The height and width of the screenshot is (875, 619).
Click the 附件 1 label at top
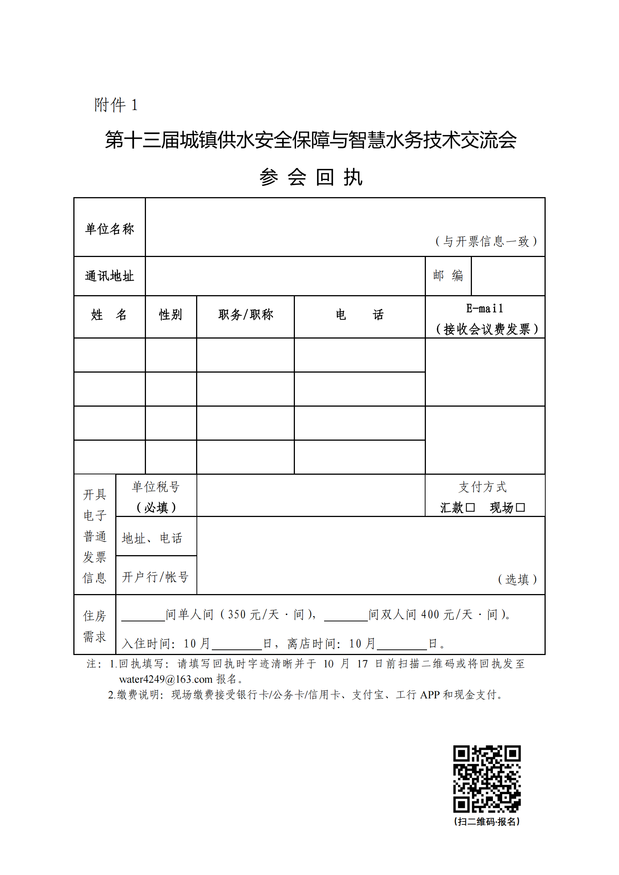(116, 105)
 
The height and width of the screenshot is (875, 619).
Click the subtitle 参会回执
(311, 177)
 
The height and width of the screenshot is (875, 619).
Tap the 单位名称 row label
(109, 229)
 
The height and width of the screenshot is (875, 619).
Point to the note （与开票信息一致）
(486, 241)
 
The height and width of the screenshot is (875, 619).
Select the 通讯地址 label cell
(109, 276)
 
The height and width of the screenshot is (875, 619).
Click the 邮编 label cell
(448, 276)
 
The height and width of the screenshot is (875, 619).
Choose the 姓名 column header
(109, 315)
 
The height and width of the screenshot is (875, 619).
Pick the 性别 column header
(170, 315)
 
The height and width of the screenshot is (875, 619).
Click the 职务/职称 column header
(246, 315)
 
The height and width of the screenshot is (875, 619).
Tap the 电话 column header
(359, 315)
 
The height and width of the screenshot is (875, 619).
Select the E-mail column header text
(484, 308)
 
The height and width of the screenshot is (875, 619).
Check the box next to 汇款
(470, 508)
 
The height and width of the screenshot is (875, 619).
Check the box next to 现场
(520, 508)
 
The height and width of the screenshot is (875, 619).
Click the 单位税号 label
(156, 487)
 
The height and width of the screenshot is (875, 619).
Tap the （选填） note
(517, 579)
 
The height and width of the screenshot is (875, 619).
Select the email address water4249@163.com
(166, 679)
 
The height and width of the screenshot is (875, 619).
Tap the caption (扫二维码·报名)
(487, 822)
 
